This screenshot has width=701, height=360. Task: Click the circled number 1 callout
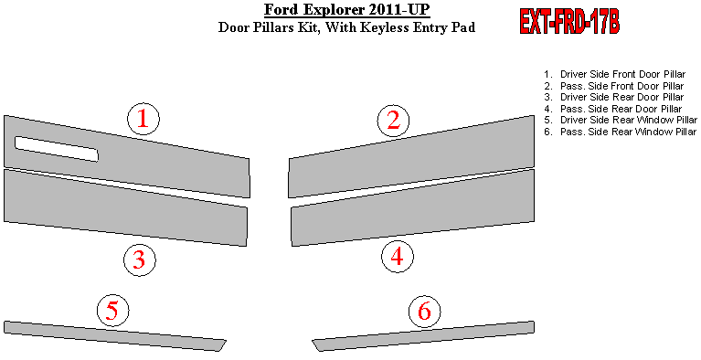click(143, 119)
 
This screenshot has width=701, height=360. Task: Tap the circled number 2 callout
click(393, 121)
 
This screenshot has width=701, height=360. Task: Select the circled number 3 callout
click(140, 259)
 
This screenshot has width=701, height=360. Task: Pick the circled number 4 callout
click(398, 257)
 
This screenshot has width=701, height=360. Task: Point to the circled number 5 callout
click(113, 311)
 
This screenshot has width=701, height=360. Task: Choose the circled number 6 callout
click(425, 311)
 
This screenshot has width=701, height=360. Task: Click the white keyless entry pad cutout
click(57, 149)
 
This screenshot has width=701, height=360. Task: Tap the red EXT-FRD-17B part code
click(569, 21)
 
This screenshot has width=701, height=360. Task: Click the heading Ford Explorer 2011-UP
click(347, 9)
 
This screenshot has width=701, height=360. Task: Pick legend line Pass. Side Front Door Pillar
click(613, 86)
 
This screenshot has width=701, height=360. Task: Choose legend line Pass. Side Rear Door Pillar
click(612, 109)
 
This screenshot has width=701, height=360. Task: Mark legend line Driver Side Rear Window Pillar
click(620, 120)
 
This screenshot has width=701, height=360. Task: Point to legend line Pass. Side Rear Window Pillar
click(620, 132)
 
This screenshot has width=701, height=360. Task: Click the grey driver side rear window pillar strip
click(114, 336)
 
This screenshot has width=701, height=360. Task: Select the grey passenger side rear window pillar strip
click(423, 336)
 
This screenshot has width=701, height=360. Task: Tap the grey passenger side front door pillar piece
click(411, 156)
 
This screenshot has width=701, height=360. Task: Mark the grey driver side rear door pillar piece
click(125, 207)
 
